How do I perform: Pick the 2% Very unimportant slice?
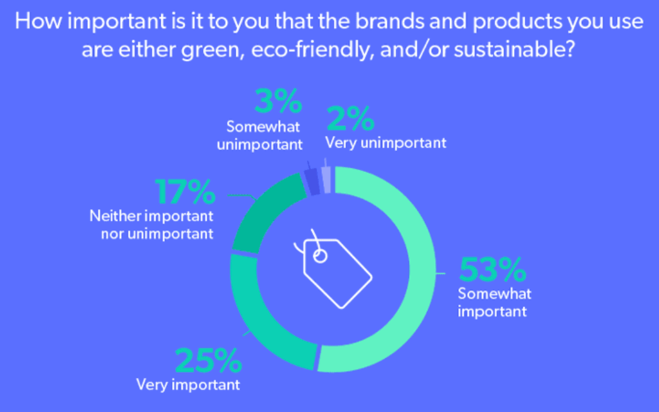pos(326,178)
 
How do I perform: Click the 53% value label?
pos(492,270)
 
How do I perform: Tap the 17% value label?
pos(185,193)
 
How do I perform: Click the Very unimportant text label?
pos(385,143)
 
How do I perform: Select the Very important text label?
pos(188,384)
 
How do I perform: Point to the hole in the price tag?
pos(320,256)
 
